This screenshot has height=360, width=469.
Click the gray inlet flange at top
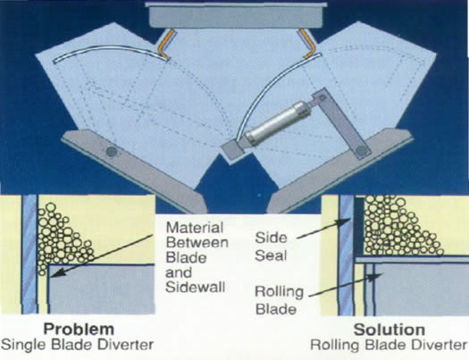point(235,15)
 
